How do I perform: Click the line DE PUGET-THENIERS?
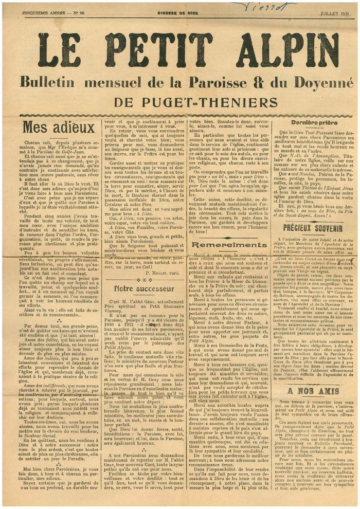click(181, 102)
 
